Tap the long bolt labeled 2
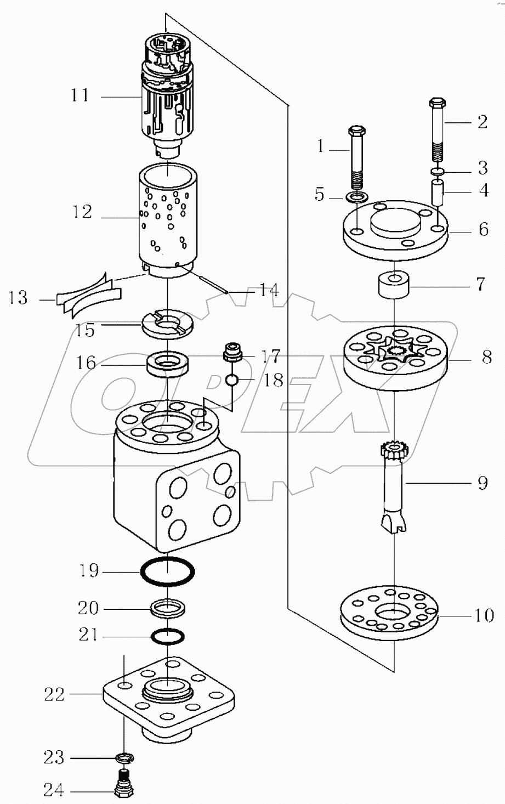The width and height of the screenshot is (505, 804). (x=438, y=132)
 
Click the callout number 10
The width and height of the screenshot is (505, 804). (x=484, y=615)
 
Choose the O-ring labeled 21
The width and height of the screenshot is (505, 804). (x=168, y=636)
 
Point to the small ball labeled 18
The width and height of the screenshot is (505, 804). (x=232, y=380)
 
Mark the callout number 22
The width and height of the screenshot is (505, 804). (x=55, y=695)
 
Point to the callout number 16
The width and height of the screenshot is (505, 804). (x=86, y=363)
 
